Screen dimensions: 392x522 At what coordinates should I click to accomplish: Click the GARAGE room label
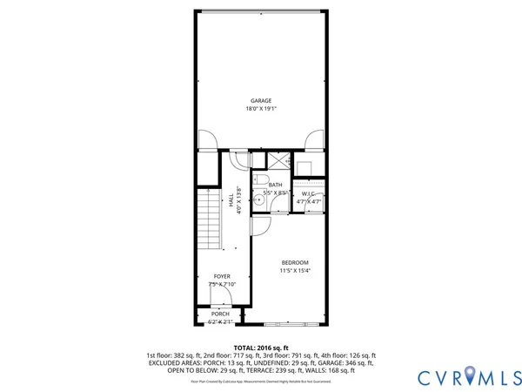tap(261, 101)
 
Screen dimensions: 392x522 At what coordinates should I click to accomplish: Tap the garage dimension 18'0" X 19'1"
tap(261, 109)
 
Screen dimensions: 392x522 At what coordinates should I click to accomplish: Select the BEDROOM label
tap(294, 262)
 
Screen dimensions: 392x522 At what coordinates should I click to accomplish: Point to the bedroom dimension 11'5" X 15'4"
tap(294, 270)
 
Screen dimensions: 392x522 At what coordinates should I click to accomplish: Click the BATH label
tap(275, 185)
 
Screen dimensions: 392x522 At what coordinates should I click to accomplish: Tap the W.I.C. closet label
tap(309, 193)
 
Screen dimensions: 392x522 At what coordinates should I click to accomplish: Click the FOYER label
tap(222, 276)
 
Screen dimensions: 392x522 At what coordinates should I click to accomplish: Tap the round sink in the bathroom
tap(258, 197)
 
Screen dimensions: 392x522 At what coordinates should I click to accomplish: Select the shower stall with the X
tap(278, 161)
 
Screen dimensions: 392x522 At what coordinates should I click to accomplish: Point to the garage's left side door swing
tap(205, 140)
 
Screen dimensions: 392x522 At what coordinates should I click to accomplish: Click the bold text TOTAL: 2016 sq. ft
tap(261, 347)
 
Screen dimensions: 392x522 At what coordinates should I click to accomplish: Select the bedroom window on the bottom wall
tap(291, 323)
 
